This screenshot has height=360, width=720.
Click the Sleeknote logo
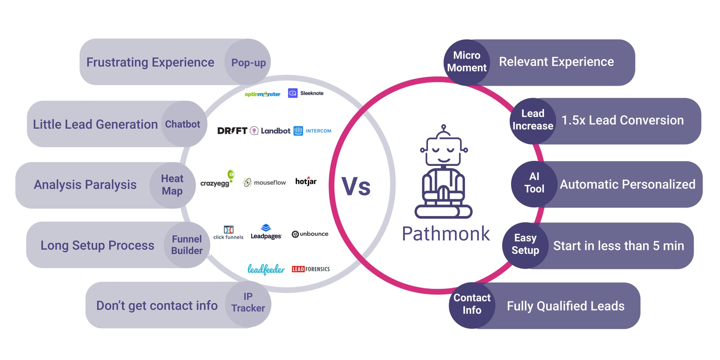(x=306, y=93)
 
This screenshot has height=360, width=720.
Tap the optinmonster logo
(x=262, y=94)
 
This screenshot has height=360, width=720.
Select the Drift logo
(x=232, y=131)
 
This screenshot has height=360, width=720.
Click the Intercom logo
(x=312, y=131)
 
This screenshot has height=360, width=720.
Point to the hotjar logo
(x=306, y=181)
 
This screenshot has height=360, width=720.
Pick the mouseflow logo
(x=264, y=182)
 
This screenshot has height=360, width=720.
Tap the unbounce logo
(x=310, y=234)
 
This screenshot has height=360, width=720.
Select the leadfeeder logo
(x=266, y=269)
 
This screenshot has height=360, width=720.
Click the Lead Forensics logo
(x=311, y=269)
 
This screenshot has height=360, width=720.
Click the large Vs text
(x=356, y=186)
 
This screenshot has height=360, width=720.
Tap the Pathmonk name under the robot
(x=445, y=234)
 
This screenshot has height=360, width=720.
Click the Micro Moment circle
(x=466, y=62)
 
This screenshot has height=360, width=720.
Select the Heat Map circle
(x=172, y=185)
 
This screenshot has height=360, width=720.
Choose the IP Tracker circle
(x=248, y=302)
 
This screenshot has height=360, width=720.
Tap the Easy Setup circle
(x=525, y=244)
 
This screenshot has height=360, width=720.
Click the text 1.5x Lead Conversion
(x=623, y=120)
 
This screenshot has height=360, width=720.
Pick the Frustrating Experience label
(x=150, y=62)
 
